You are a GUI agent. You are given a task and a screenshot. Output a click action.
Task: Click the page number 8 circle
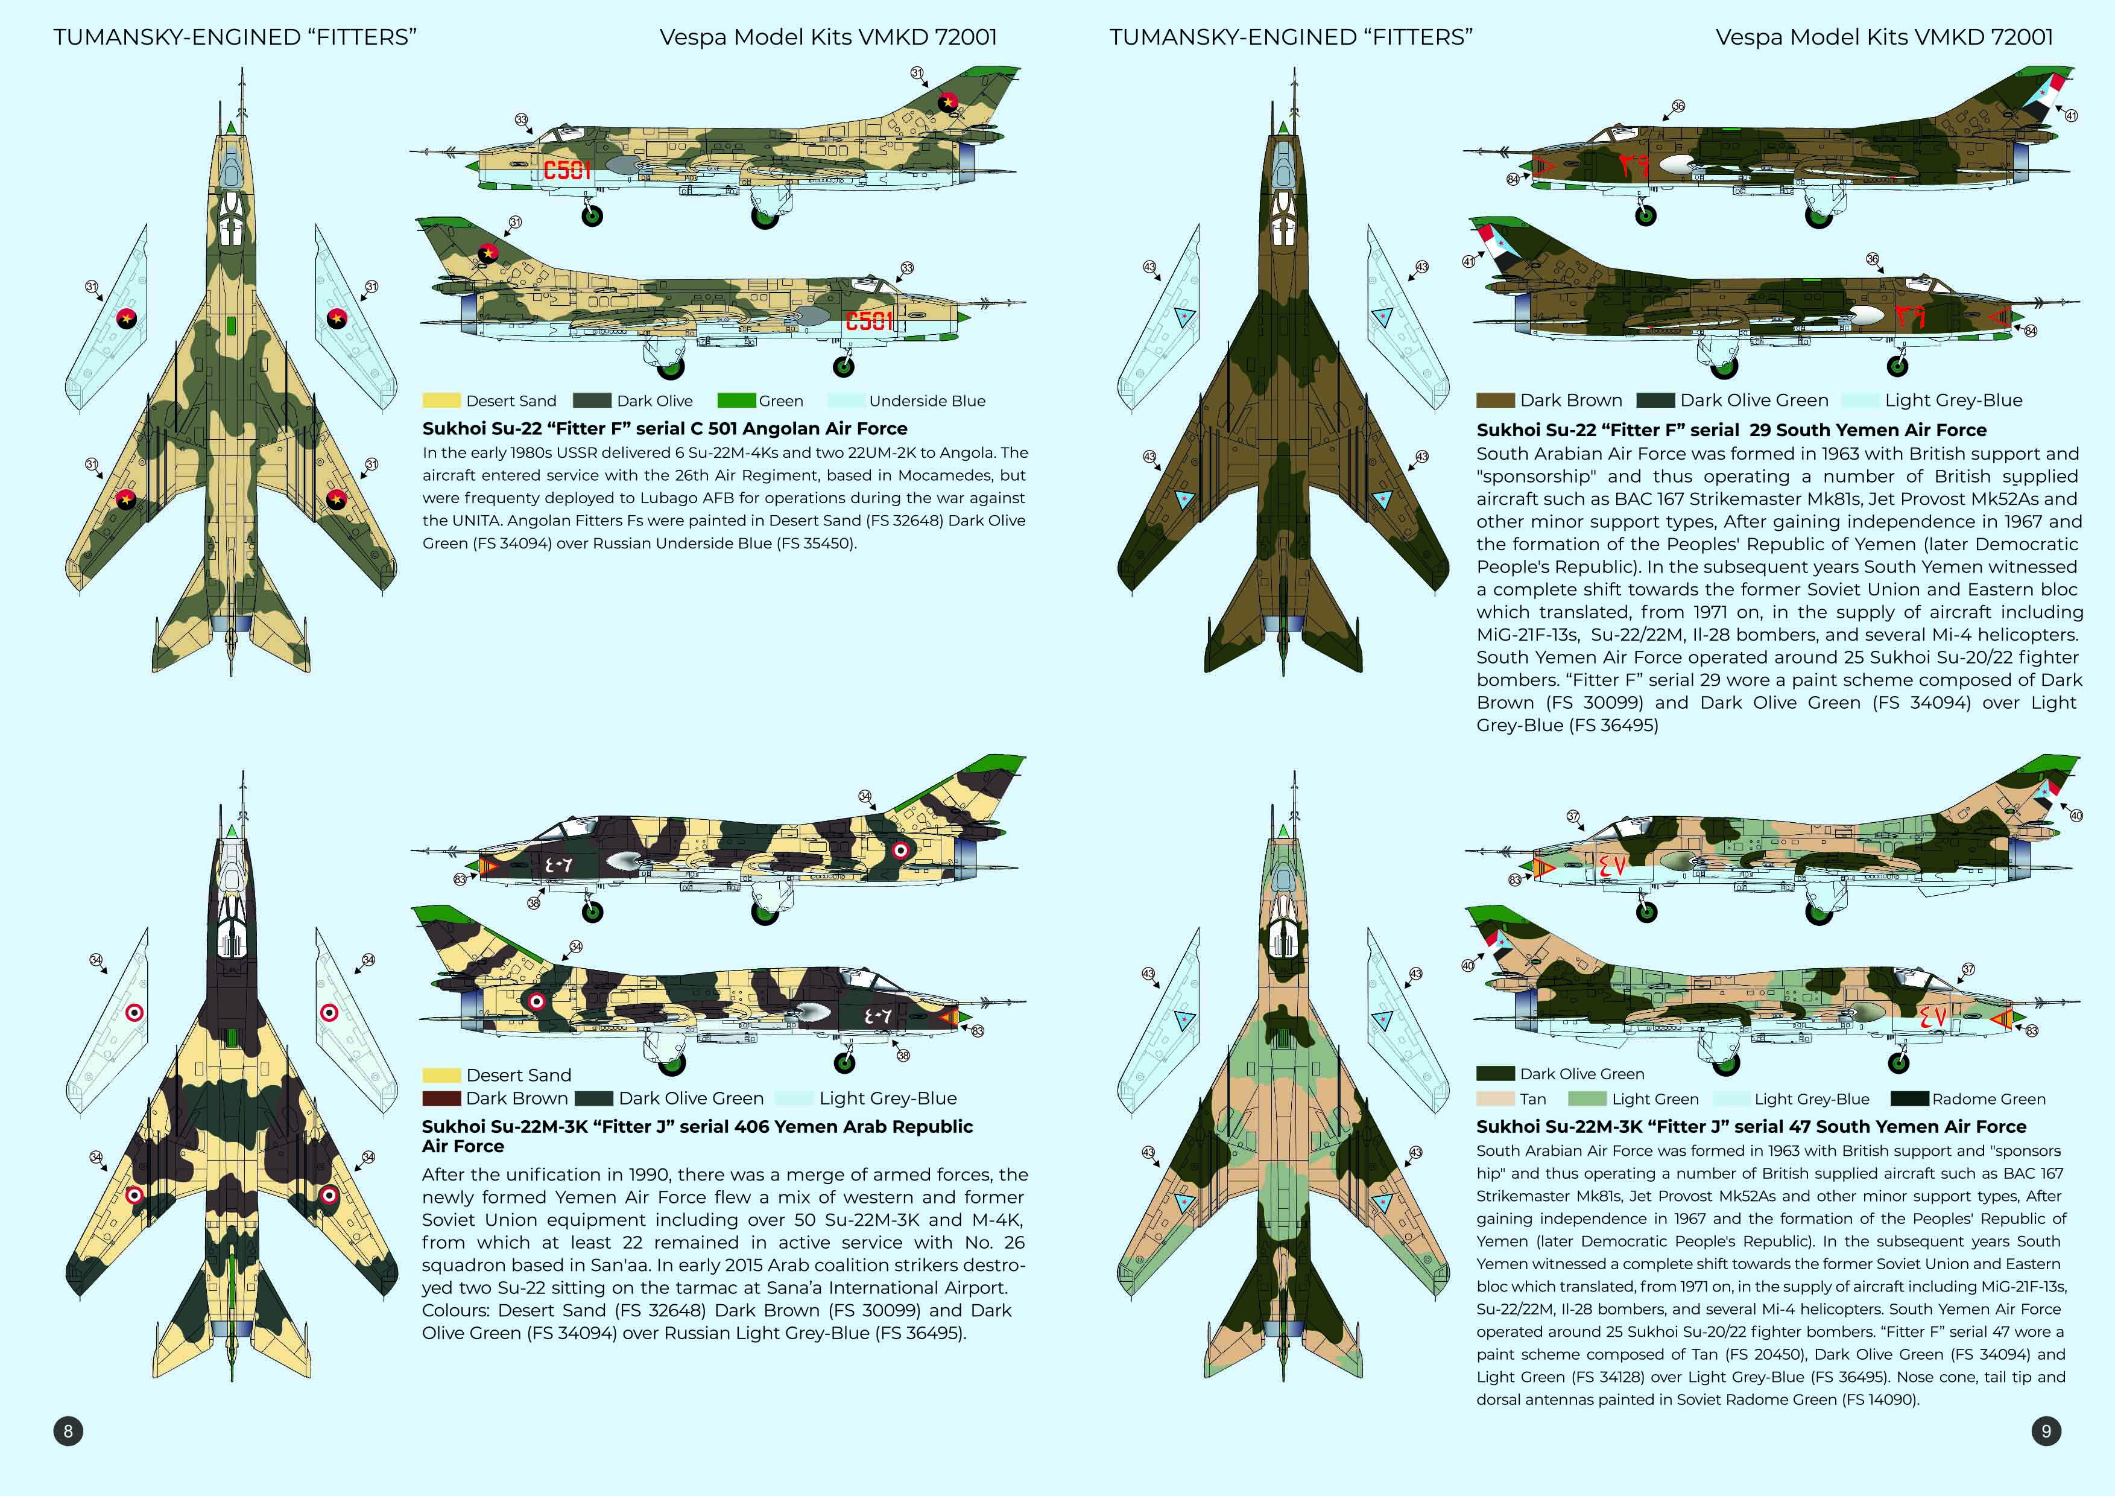(68, 1431)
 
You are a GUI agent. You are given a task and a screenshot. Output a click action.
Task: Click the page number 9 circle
(2046, 1431)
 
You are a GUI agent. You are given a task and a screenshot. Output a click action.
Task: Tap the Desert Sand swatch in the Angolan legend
(441, 401)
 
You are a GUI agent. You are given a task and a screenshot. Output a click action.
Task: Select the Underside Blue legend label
(927, 401)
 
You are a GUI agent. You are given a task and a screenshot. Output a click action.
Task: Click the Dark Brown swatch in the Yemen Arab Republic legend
(441, 1098)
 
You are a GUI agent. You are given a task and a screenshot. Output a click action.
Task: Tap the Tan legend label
(1533, 1099)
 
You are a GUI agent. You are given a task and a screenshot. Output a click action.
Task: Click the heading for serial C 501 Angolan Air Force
(664, 428)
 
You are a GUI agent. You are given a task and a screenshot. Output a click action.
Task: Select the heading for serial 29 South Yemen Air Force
(1732, 429)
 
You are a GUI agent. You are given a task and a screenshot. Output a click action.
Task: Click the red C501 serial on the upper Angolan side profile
(566, 170)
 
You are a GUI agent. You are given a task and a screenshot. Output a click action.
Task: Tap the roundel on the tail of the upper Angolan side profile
(947, 103)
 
